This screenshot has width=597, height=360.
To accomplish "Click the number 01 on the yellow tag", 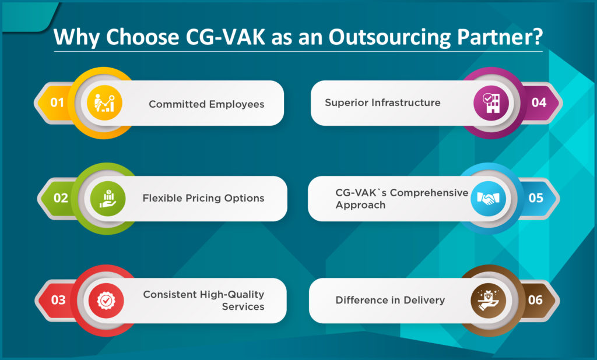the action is pyautogui.click(x=57, y=103).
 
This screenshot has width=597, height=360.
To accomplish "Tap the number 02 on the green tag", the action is pyautogui.click(x=61, y=198).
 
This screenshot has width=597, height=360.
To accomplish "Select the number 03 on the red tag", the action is pyautogui.click(x=58, y=300).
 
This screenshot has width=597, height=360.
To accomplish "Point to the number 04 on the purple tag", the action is pyautogui.click(x=539, y=103).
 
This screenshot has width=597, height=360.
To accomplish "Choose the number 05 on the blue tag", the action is pyautogui.click(x=536, y=198).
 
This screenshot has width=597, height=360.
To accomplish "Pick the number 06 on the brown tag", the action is pyautogui.click(x=535, y=300).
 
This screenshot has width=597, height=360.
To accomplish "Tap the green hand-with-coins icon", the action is pyautogui.click(x=108, y=199).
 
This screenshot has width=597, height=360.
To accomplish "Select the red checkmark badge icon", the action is pyautogui.click(x=106, y=301).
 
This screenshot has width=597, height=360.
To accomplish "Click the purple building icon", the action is pyautogui.click(x=491, y=103).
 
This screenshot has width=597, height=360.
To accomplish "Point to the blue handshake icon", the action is pyautogui.click(x=488, y=199).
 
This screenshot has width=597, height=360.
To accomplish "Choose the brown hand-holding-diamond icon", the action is pyautogui.click(x=489, y=301).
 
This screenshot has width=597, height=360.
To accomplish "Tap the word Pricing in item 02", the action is pyautogui.click(x=203, y=199).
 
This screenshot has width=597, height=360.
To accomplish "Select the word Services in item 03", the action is pyautogui.click(x=243, y=307).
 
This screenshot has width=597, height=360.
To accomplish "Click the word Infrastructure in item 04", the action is pyautogui.click(x=406, y=103).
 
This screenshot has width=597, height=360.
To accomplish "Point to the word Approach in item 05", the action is pyautogui.click(x=360, y=206).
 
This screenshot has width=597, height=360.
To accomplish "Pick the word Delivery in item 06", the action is pyautogui.click(x=424, y=301).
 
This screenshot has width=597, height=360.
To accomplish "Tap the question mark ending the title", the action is pyautogui.click(x=538, y=37).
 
